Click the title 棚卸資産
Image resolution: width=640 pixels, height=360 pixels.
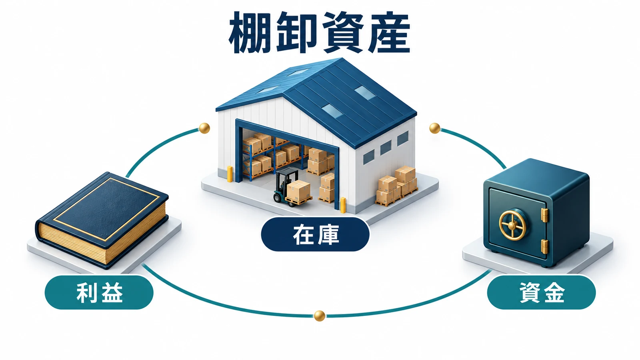click(x=320, y=32)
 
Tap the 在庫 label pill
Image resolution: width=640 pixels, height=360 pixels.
click(x=315, y=234)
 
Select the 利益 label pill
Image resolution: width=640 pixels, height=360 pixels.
click(x=99, y=292)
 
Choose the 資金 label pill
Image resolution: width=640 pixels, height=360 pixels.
click(x=541, y=292)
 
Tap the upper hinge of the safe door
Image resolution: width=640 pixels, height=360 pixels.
click(x=544, y=215)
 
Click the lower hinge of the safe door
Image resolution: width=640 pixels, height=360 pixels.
click(x=544, y=246)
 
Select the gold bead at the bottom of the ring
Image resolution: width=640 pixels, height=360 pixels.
click(x=320, y=316)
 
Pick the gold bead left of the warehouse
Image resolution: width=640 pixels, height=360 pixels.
click(x=204, y=128)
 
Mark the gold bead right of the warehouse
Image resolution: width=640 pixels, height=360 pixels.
click(x=434, y=128)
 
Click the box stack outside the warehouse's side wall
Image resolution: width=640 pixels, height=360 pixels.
click(x=396, y=186)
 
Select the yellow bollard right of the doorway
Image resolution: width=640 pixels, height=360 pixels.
click(x=342, y=205)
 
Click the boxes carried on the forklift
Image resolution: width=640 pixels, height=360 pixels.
click(x=298, y=190)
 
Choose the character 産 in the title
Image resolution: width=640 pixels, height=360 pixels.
click(x=390, y=32)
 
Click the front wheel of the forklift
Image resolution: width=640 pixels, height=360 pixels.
click(x=278, y=198)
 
